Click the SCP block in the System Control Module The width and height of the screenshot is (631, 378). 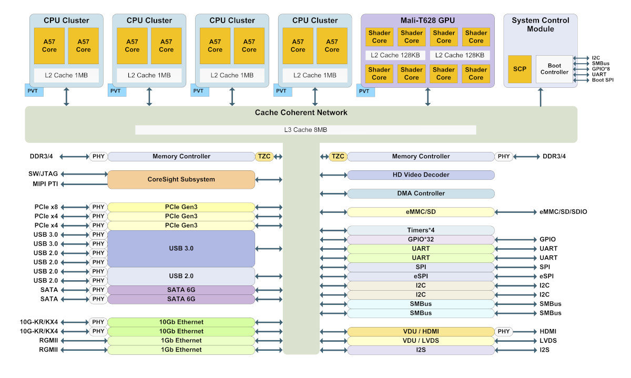pos(520,69)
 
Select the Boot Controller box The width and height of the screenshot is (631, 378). pos(554,69)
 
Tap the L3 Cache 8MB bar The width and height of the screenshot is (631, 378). pos(306,130)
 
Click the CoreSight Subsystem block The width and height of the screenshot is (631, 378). pos(181,179)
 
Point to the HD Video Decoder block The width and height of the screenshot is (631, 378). pos(421,175)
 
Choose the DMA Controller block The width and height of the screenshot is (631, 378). pos(421,193)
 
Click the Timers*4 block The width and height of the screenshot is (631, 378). pos(421,230)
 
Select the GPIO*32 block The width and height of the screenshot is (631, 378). pos(421,239)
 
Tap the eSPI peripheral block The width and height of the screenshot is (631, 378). pos(421,277)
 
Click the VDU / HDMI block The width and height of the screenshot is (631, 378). pos(421,332)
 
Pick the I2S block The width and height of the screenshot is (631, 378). pos(421,350)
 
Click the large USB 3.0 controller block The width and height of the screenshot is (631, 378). pos(181,249)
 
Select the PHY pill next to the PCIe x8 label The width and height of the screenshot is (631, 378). pos(98,207)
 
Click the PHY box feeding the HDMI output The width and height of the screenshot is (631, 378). pos(503,332)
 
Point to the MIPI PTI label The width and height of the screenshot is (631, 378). pos(45,184)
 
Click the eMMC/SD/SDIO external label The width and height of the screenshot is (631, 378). pos(563,212)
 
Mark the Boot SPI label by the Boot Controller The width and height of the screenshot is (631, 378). pos(603,80)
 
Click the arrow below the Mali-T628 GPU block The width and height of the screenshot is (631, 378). pos(428,97)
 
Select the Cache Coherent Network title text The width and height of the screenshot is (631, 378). pos(301,113)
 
